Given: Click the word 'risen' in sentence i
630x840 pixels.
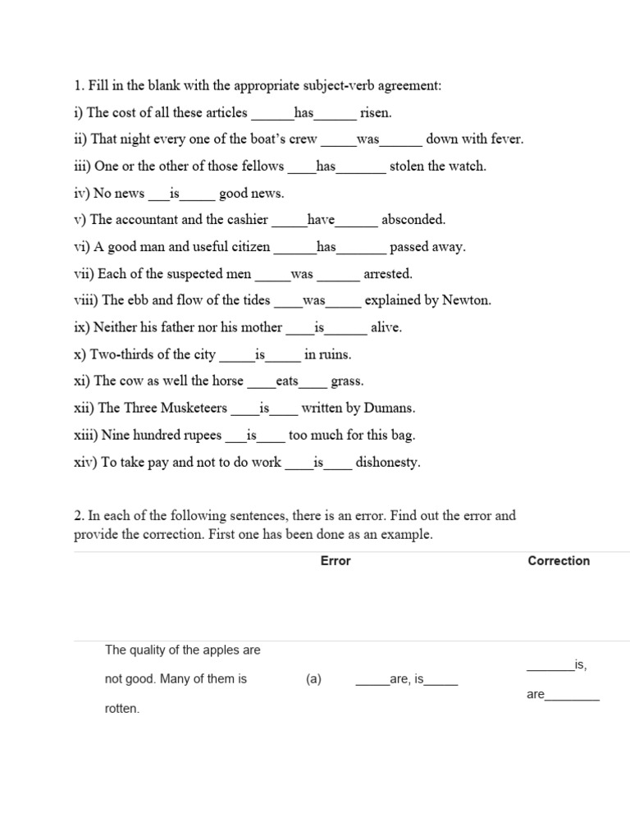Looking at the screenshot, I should point(375,112).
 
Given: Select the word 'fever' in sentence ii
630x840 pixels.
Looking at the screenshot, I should point(505,139).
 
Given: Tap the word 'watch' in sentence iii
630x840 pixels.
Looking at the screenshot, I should point(468,166).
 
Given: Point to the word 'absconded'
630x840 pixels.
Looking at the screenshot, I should point(413,220).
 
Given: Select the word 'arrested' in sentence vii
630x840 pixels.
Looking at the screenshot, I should point(388,274).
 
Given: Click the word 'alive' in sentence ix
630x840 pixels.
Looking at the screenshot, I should point(386,327).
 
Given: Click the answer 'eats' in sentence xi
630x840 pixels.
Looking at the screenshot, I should point(287,381).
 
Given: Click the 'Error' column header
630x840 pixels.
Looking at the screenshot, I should point(336,561).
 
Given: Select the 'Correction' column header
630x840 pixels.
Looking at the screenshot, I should point(559,561).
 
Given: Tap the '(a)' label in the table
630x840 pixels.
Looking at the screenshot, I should point(314,679).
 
